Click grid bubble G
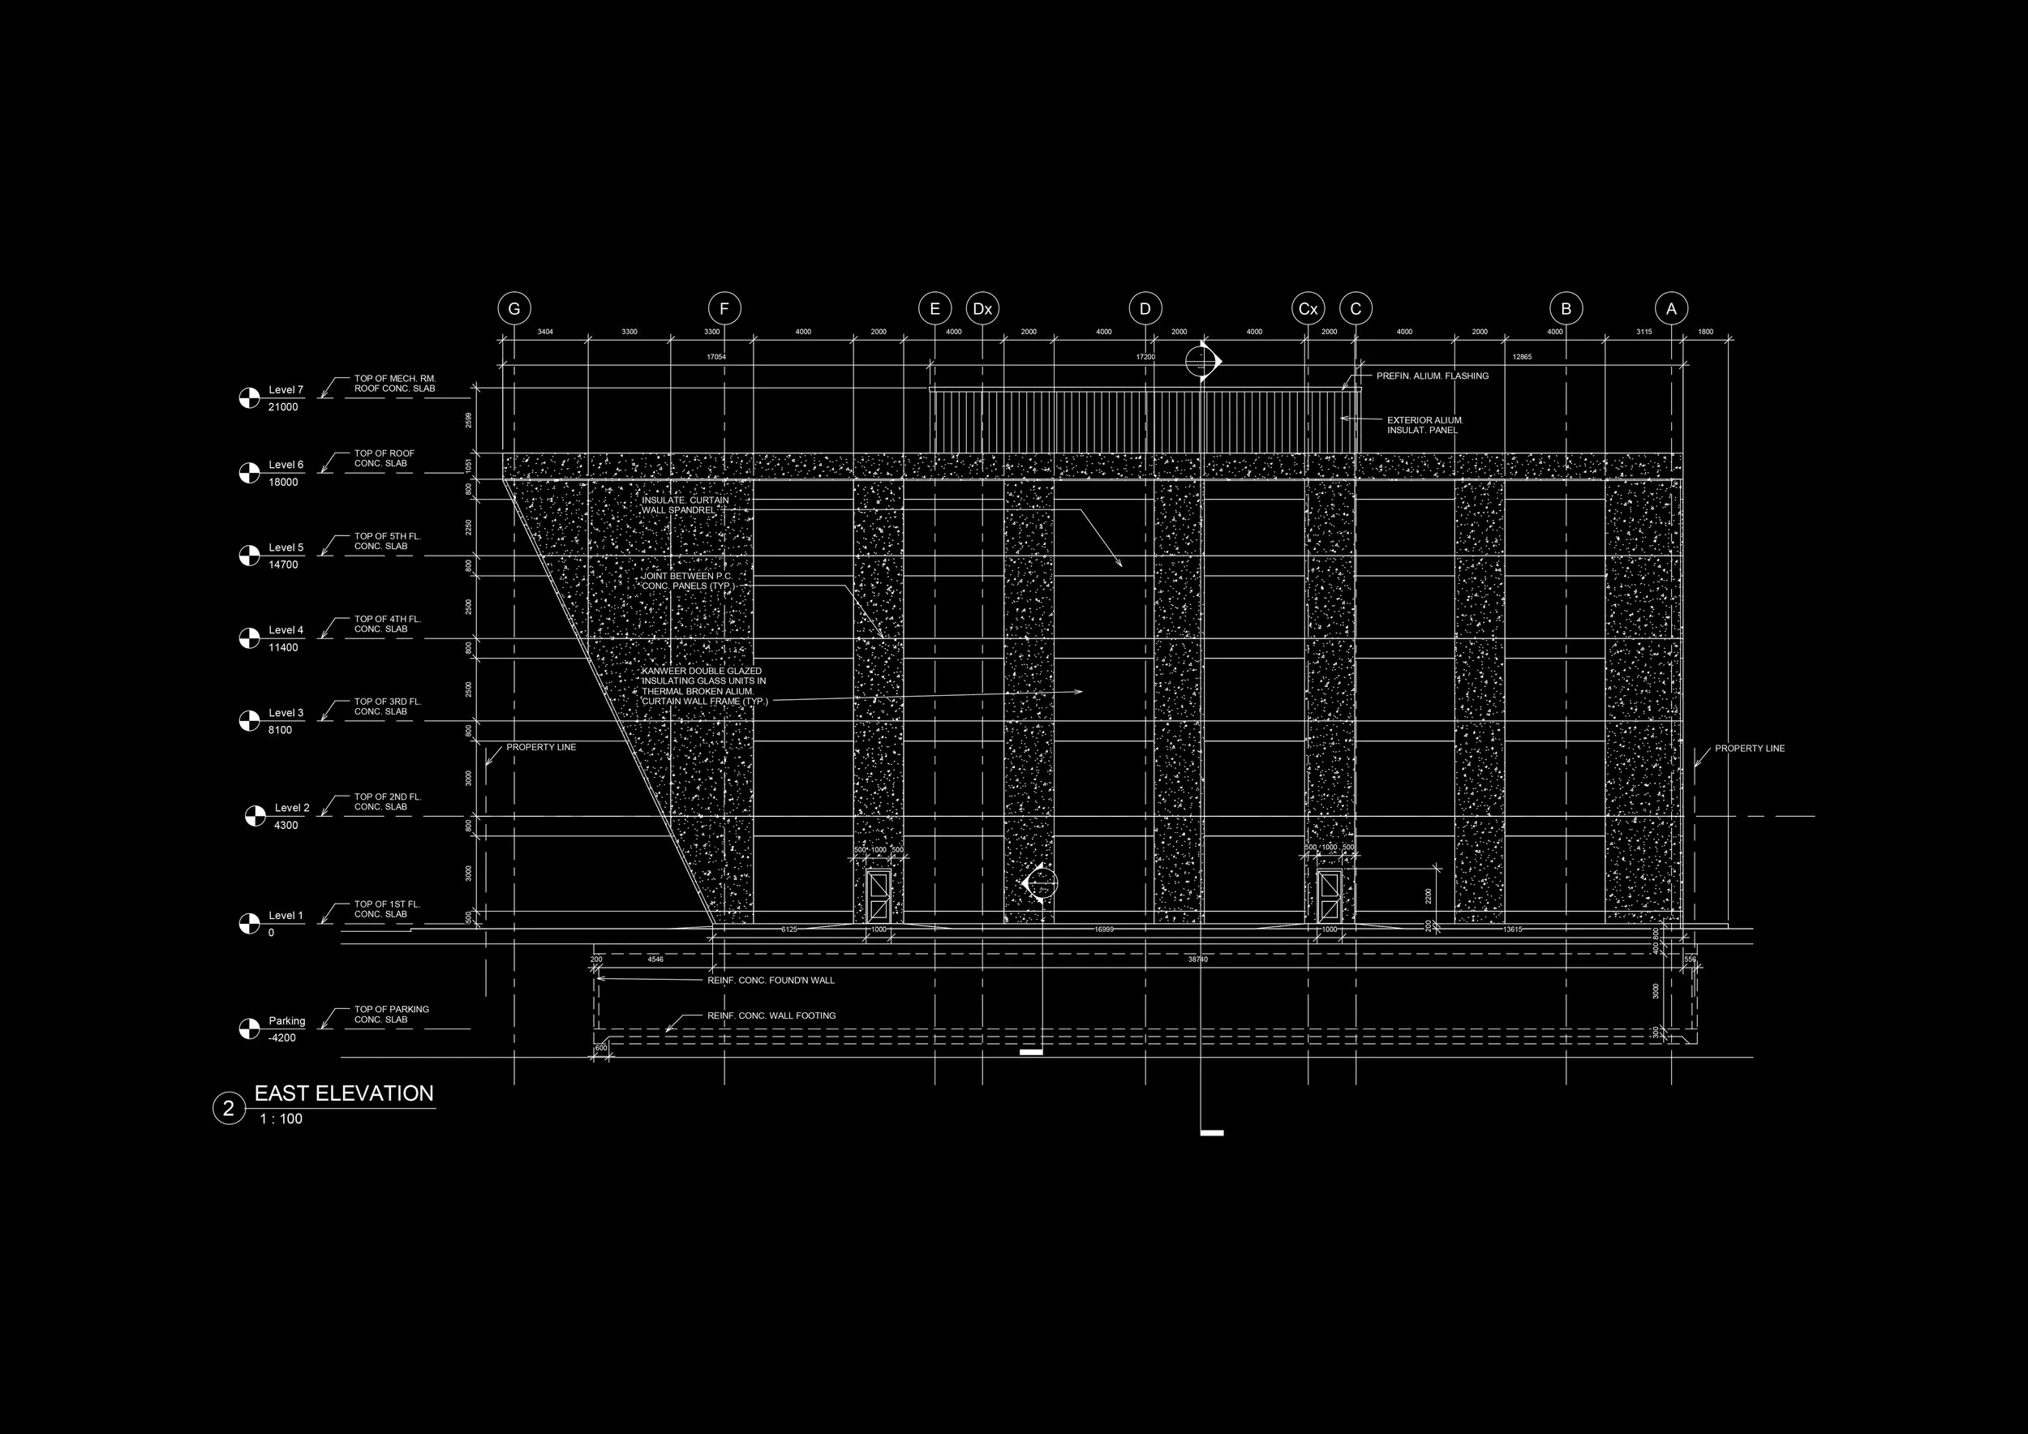514,309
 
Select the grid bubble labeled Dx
982,309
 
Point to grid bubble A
1670,309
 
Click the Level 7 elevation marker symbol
249,398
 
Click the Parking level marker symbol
249,1028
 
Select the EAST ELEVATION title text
344,1093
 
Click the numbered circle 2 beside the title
228,1109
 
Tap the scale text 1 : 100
281,1119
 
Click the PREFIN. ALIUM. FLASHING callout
1432,376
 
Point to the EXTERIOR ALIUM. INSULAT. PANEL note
1424,426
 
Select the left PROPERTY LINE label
540,747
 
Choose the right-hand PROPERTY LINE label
1749,749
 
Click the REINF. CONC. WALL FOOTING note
771,1015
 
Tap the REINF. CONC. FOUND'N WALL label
770,980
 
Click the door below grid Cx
1329,895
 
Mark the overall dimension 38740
1197,959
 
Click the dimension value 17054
715,357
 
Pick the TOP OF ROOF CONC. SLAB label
384,458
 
